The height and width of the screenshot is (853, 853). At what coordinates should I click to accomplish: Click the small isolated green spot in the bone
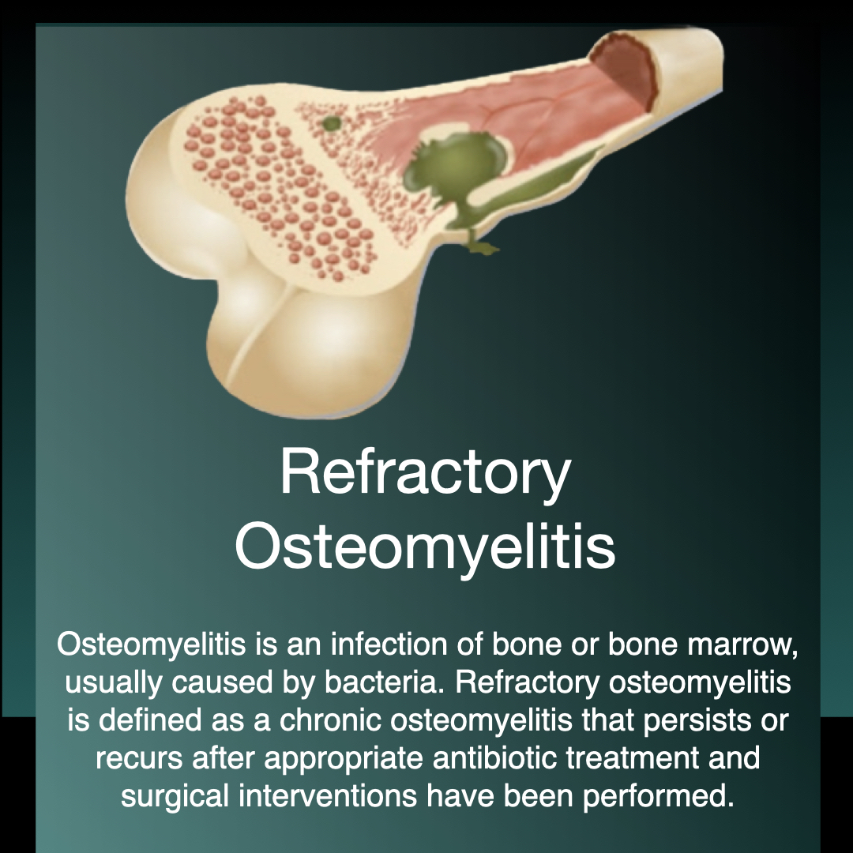332,123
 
